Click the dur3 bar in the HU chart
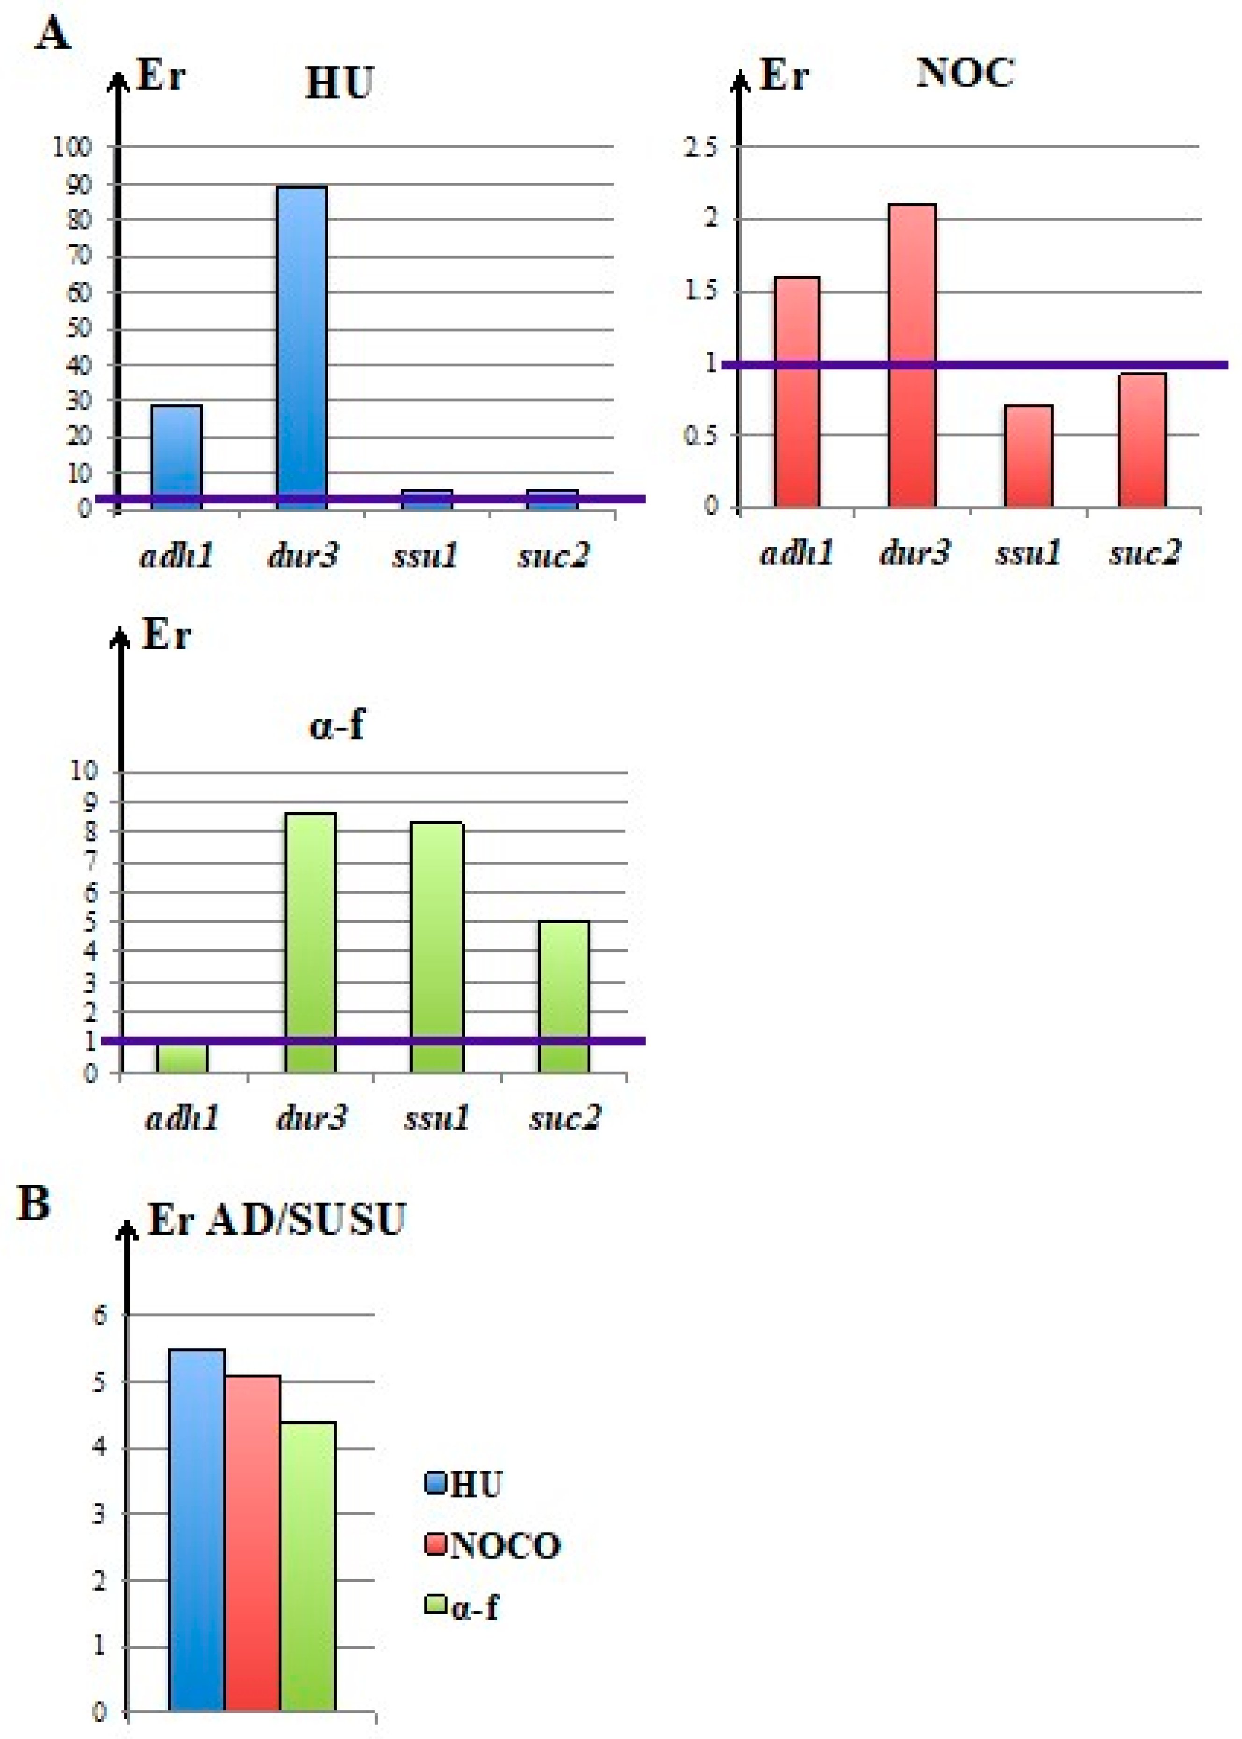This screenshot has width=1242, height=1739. click(302, 344)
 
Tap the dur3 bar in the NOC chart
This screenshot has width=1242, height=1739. click(912, 356)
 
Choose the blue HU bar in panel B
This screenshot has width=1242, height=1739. click(196, 1529)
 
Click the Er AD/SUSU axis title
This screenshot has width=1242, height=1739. click(276, 1219)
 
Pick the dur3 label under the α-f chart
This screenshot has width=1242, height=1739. click(310, 1118)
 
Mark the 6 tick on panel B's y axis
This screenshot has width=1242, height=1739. click(100, 1316)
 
